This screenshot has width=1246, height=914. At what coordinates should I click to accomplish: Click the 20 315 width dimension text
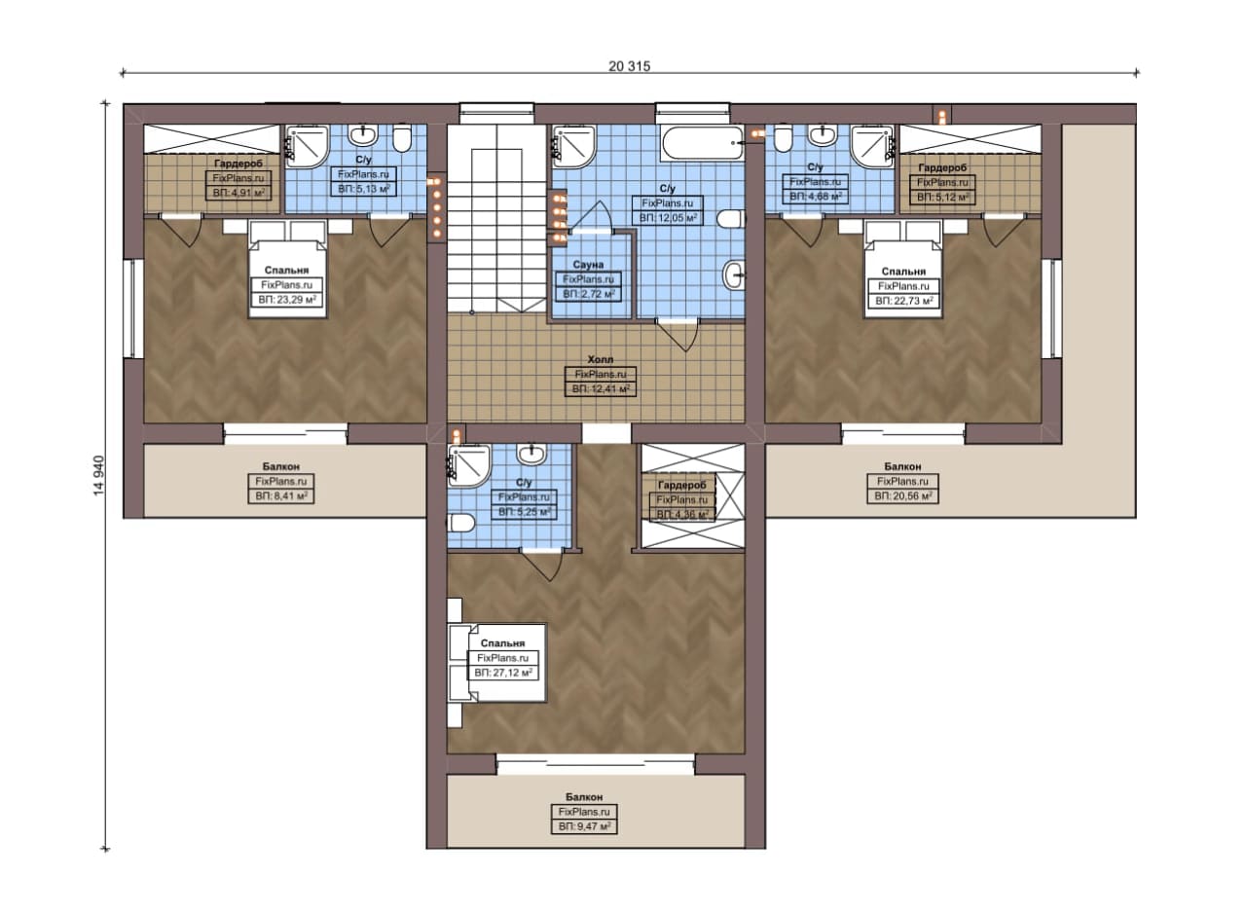[x=629, y=66]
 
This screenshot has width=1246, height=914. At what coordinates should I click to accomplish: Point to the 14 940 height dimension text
[x=99, y=476]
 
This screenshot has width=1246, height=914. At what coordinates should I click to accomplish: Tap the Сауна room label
[x=588, y=265]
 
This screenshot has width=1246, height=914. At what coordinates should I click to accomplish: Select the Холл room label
[x=601, y=360]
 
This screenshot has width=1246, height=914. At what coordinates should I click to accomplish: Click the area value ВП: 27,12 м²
[x=503, y=674]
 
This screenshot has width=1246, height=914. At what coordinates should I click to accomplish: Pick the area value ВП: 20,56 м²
[x=902, y=495]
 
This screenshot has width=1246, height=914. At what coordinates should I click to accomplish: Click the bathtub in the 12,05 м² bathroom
[x=703, y=143]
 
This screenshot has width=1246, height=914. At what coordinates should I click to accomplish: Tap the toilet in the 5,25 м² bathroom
[x=461, y=523]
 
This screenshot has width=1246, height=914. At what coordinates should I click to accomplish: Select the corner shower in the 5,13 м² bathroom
[x=306, y=147]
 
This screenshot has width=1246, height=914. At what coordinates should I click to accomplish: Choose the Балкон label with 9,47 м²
[x=584, y=797]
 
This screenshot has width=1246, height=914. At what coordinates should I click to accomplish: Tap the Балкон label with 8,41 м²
[x=281, y=467]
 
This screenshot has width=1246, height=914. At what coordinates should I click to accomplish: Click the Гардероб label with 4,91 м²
[x=238, y=165]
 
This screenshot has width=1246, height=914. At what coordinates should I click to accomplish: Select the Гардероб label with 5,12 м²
[x=942, y=167]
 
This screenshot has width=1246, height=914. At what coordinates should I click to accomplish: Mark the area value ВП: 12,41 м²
[x=601, y=388]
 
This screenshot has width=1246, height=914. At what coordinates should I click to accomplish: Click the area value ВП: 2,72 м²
[x=588, y=294]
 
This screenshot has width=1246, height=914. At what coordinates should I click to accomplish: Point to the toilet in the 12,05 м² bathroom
[x=731, y=219]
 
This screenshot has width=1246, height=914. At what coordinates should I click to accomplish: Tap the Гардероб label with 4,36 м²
[x=681, y=485]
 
